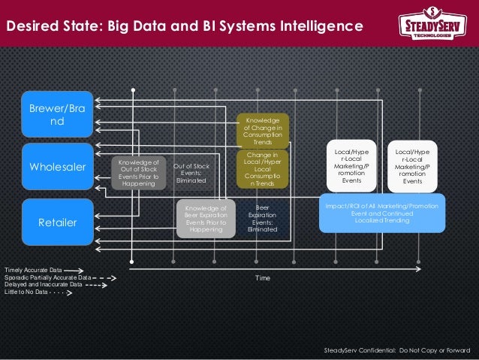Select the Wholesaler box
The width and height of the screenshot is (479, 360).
(57, 166)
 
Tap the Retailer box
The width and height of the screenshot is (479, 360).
(57, 222)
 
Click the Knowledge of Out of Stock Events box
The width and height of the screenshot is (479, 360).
(138, 173)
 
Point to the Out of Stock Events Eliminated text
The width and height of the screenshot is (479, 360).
(191, 173)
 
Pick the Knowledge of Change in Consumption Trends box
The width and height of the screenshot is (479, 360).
(263, 131)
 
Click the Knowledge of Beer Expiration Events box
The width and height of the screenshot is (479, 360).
(205, 219)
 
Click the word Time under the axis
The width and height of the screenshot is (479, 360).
(262, 278)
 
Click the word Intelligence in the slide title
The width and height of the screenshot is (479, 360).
(316, 26)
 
